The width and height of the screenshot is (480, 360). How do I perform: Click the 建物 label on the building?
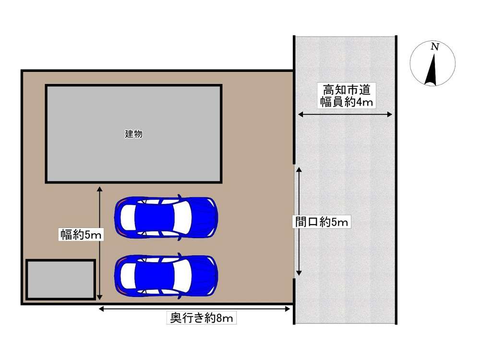pos(133,134)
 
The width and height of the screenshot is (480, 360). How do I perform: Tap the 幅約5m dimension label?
pos(81,235)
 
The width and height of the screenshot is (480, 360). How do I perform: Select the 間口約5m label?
pos(322,222)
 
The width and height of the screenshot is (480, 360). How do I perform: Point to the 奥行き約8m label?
pos(202,318)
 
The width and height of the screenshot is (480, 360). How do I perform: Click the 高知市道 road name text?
pos(347,90)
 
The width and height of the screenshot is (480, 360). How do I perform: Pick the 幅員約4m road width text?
pos(347,102)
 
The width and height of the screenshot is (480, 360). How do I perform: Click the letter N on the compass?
pos(435,47)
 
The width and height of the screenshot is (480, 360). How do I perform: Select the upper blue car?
pos(166,217)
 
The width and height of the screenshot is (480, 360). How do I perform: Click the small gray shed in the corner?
pos(60,279)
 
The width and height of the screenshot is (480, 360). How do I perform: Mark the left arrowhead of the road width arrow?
pos(300,115)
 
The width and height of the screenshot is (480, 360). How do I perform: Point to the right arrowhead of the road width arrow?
pos(389,115)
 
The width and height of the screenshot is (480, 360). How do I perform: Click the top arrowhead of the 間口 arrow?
pos(299,170)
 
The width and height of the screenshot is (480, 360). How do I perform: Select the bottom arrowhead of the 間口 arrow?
pos(299,273)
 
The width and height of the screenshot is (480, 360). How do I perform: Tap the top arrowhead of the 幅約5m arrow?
pos(99,189)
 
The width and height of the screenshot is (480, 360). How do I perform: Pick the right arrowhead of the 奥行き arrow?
pos(288,309)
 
